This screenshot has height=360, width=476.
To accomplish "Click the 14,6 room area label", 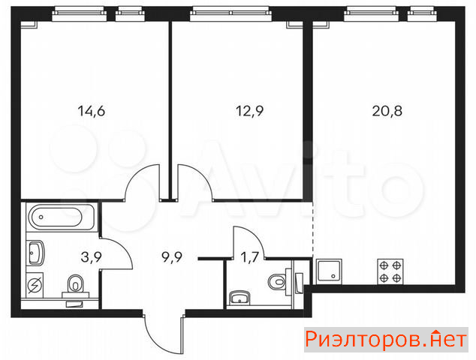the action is pos(92,111).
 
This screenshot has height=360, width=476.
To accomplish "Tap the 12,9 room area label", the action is pos(249,111).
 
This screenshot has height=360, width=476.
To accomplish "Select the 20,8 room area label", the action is pos(387,111).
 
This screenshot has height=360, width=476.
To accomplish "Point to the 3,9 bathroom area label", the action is pos(92,257).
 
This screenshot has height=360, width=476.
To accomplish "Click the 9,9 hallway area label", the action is pos(172,257).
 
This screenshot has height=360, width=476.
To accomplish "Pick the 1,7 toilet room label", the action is pos(249,257).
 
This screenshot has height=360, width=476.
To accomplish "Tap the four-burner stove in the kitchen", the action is pos(390,271).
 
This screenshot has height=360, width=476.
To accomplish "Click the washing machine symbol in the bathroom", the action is pos(35,285).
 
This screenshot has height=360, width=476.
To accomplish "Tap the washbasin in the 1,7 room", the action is pos(240,298).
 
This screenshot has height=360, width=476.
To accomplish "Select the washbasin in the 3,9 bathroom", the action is pos(36,253).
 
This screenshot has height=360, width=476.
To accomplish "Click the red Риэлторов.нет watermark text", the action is pos(386,340).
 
